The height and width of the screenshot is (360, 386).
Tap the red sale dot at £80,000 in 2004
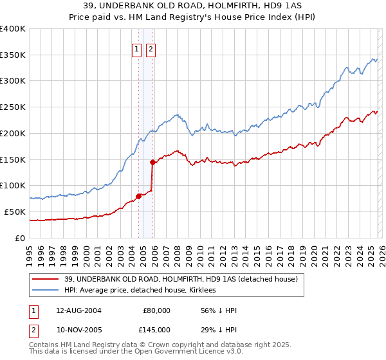point(138,196)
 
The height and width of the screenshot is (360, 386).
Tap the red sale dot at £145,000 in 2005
point(152,162)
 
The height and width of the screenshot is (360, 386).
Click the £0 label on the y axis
point(19,238)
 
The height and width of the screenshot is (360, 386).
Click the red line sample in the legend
point(46,280)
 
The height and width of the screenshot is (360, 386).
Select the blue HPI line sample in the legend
point(46,291)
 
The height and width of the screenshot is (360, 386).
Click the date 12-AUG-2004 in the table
point(79,310)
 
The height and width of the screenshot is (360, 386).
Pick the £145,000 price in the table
point(156,330)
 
